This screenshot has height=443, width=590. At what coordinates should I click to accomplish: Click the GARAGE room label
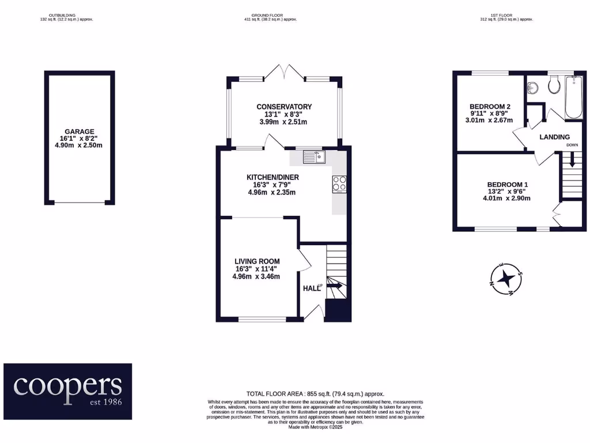(x=80, y=132)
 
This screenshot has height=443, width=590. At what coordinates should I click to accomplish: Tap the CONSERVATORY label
(x=284, y=107)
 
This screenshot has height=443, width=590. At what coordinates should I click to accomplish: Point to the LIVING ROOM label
(x=256, y=261)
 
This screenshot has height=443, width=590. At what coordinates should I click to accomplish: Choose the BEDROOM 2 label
(x=490, y=107)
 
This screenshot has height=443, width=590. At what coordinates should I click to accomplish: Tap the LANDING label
(x=554, y=137)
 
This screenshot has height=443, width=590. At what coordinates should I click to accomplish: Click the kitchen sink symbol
(x=313, y=156)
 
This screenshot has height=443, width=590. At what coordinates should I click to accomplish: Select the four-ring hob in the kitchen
(x=339, y=183)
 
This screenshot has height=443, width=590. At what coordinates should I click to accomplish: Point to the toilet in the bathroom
(x=555, y=86)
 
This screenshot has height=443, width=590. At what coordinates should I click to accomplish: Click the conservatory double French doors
(x=285, y=72)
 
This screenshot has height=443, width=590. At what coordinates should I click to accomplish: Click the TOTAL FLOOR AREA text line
(x=316, y=393)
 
